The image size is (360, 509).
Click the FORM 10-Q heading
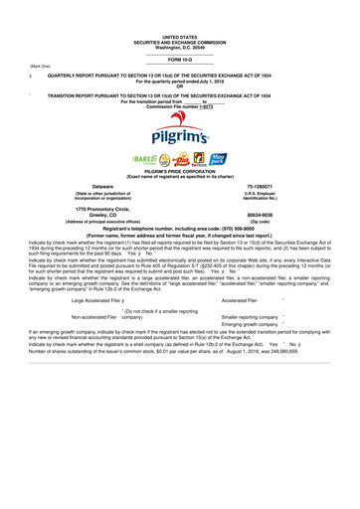point(179,60)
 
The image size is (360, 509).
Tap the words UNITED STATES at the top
point(179,35)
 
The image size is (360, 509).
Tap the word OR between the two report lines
point(179,86)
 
